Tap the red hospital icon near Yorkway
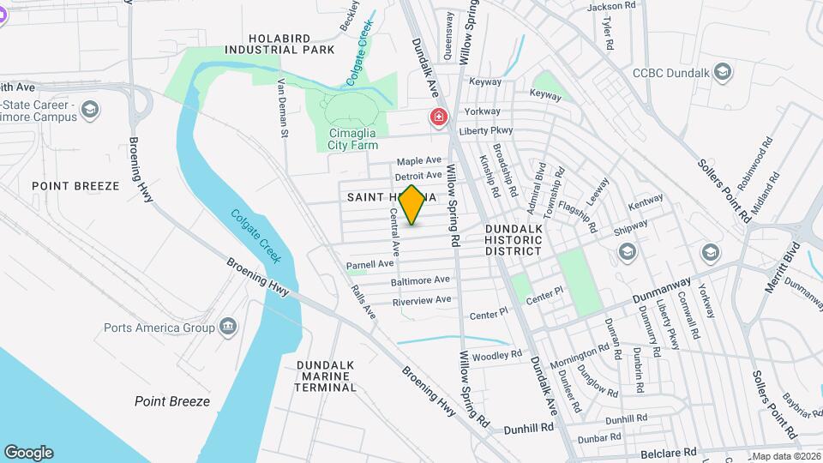[439, 117]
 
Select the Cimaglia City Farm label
[352, 139]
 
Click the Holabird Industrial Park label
[279, 44]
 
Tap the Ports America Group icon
[228, 327]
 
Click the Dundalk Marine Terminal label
[325, 376]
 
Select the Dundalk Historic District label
[514, 240]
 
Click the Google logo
[28, 453]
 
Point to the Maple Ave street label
[418, 161]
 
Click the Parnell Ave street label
[369, 266]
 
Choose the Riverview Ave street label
[421, 301]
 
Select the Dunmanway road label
[661, 292]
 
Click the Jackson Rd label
[611, 6]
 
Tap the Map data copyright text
[785, 456]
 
